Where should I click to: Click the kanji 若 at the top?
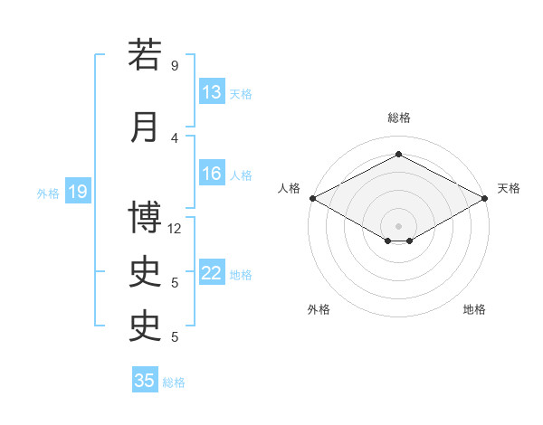tap(145, 54)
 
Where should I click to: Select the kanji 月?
tap(144, 127)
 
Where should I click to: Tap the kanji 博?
tap(145, 217)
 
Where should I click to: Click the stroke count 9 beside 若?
tap(175, 65)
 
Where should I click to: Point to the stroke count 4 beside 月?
tap(175, 138)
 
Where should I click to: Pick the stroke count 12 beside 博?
tap(174, 229)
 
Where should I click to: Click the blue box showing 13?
tap(213, 91)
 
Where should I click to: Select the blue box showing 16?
tap(213, 173)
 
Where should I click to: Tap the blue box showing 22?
tap(213, 271)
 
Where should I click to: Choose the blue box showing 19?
tap(78, 191)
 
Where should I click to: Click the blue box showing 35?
tap(145, 379)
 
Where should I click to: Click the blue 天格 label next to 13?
tap(241, 94)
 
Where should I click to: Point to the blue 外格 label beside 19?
tap(48, 194)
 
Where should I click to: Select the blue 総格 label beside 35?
tap(174, 382)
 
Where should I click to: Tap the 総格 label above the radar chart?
tap(399, 118)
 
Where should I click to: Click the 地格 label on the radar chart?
tap(474, 309)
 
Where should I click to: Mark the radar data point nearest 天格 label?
tap(485, 198)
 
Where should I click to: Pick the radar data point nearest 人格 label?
tap(313, 198)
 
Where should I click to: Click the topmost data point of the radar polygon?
tap(399, 154)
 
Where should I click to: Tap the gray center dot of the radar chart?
tap(398, 226)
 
